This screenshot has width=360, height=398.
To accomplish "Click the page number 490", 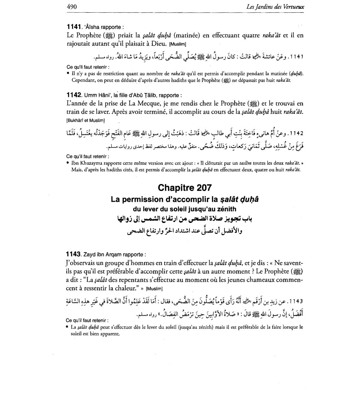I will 72,7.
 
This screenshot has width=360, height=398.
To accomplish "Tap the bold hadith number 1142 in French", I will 74,95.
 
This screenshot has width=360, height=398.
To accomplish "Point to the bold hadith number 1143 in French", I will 73,254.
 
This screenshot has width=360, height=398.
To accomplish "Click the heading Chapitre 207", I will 184,188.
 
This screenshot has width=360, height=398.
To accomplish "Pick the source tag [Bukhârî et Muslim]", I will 85,120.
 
